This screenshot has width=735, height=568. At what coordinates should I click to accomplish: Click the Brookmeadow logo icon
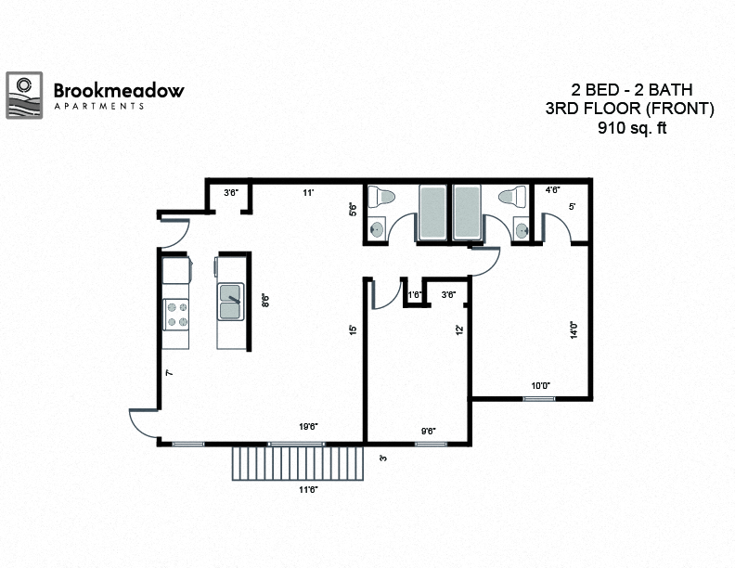pyautogui.click(x=25, y=96)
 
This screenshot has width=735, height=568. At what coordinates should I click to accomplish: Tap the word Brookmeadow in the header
pyautogui.click(x=119, y=90)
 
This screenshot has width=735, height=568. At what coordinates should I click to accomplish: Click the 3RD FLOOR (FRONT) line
pyautogui.click(x=630, y=110)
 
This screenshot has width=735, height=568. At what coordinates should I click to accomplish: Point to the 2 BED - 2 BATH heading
pyautogui.click(x=631, y=90)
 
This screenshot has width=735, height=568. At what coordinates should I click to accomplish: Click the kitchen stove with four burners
pyautogui.click(x=176, y=316)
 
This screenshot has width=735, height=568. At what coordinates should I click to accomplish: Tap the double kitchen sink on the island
pyautogui.click(x=230, y=298)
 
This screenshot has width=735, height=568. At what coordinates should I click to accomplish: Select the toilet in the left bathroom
pyautogui.click(x=381, y=198)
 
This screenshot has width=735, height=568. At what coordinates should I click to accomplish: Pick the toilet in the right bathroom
pyautogui.click(x=511, y=198)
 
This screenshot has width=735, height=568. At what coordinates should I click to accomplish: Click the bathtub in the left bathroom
pyautogui.click(x=432, y=213)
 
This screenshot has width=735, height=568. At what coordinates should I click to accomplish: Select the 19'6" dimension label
pyautogui.click(x=310, y=427)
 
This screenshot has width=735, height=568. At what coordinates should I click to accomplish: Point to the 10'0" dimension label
pyautogui.click(x=540, y=386)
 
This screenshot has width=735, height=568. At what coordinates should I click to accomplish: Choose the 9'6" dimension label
pyautogui.click(x=429, y=430)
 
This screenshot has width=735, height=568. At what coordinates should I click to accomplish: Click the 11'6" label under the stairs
pyautogui.click(x=306, y=489)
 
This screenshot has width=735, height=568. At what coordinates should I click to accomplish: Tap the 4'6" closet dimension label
pyautogui.click(x=553, y=190)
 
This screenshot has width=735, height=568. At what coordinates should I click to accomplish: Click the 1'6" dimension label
pyautogui.click(x=415, y=295)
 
